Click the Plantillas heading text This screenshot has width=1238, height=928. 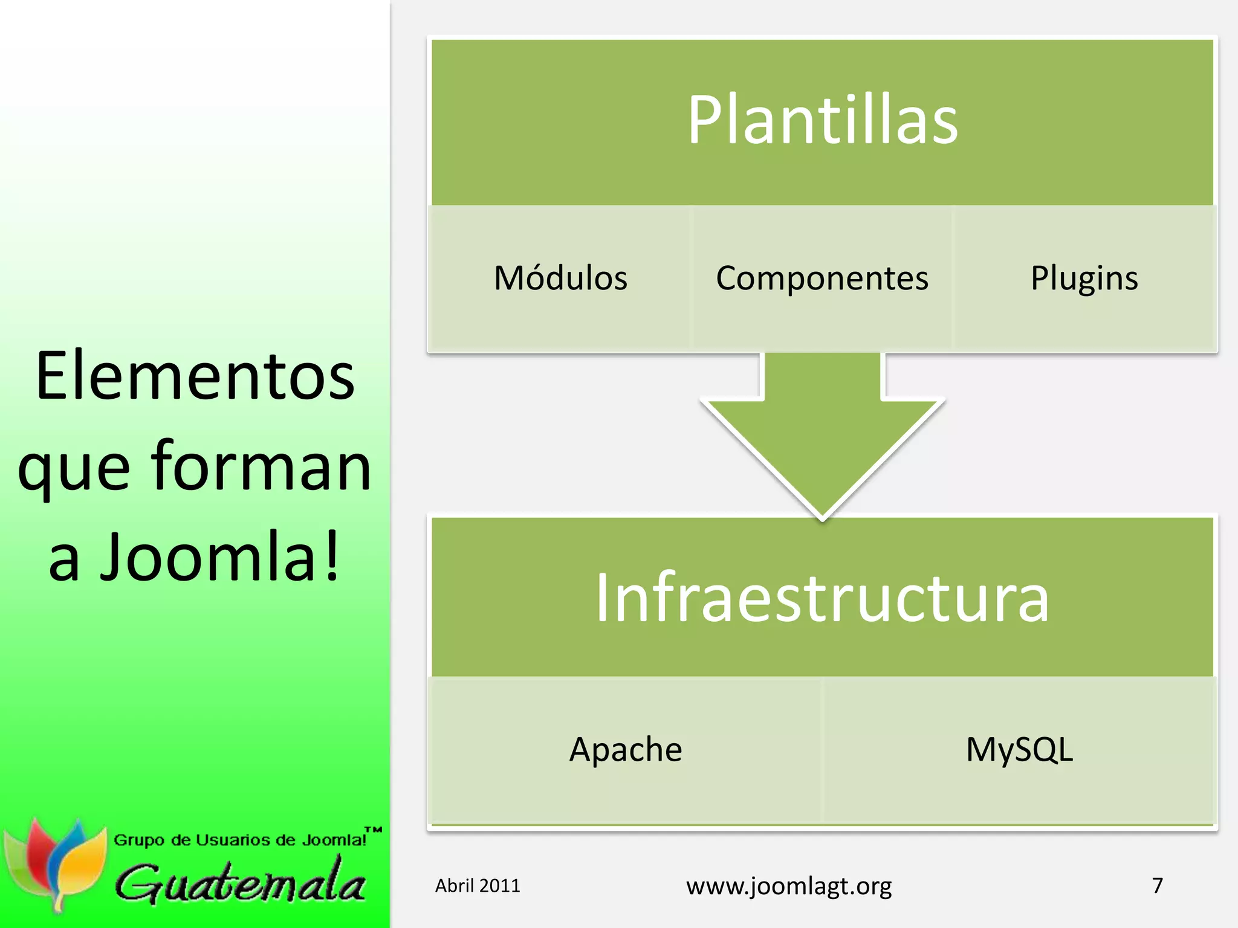click(822, 121)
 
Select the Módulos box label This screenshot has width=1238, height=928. click(560, 279)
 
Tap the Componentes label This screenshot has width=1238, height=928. click(822, 279)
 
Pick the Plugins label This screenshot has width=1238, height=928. click(1084, 279)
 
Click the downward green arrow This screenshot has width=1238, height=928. click(822, 435)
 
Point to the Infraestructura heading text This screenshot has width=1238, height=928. click(822, 598)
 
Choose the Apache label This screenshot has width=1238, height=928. click(626, 750)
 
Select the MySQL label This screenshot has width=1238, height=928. click(1019, 750)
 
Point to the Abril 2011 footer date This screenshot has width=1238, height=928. click(478, 886)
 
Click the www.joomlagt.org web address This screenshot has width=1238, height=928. click(789, 886)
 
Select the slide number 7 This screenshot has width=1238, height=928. click(1158, 885)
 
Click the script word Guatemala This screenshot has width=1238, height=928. click(241, 883)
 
